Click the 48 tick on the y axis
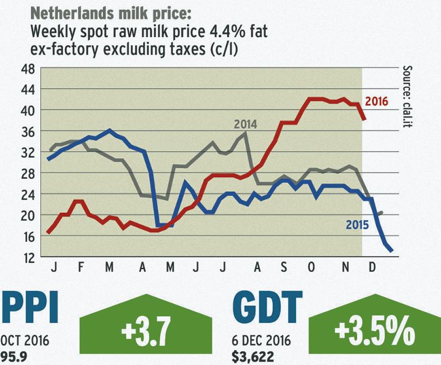(x=27, y=69)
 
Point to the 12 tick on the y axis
(x=27, y=257)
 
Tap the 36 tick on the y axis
(x=27, y=132)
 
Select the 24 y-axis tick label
(x=27, y=194)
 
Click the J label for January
(x=55, y=267)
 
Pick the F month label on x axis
(x=82, y=267)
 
